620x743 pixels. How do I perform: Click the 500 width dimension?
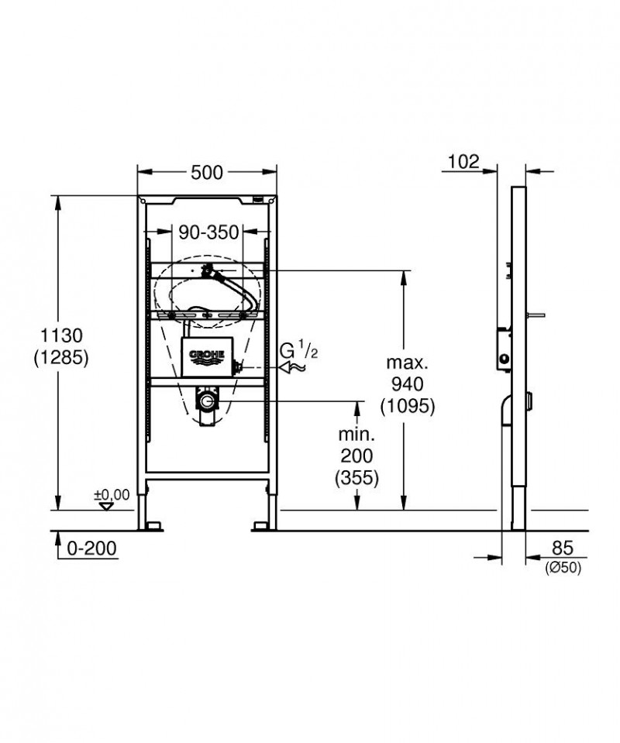tap(207, 173)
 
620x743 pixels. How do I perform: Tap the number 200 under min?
tap(356, 456)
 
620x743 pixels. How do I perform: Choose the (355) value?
tap(356, 478)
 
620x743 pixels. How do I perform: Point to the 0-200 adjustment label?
tap(91, 549)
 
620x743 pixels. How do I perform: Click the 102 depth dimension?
tap(463, 162)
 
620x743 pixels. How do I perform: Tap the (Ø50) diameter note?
tap(564, 569)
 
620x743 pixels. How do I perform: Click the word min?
tap(356, 434)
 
